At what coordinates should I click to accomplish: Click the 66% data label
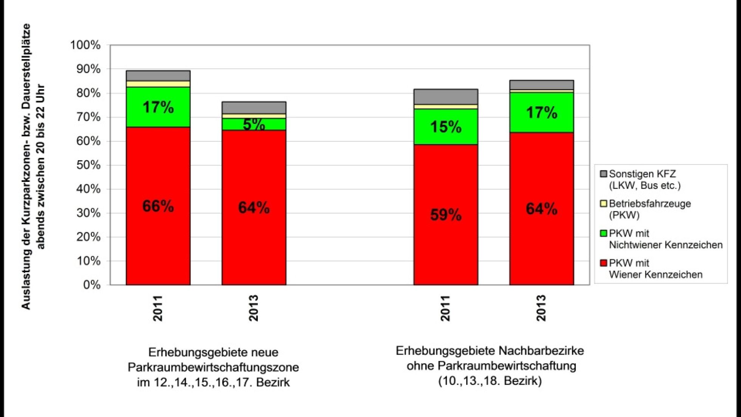pos(158,206)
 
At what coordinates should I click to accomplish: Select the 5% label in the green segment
pos(254,124)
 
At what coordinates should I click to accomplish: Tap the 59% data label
pos(446,215)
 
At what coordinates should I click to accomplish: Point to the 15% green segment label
pos(446,127)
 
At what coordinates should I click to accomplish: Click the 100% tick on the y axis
pos(85,45)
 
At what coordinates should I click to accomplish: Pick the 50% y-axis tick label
pos(88,165)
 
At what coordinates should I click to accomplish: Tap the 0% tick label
pos(92,285)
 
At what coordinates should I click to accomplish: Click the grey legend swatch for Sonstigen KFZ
pos(603,174)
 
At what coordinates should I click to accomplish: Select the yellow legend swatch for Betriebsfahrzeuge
pos(603,204)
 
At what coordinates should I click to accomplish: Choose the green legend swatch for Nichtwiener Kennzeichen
pos(603,233)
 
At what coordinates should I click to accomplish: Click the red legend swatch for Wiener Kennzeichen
pos(603,263)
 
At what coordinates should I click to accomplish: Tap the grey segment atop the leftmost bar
pos(158,76)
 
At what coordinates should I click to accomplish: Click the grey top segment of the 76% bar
pos(254,107)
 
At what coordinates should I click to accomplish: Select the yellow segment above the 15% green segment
pos(446,107)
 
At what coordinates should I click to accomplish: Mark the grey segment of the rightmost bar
pos(541,85)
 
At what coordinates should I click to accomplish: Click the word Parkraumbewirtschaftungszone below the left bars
pos(213,367)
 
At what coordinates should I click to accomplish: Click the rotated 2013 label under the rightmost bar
pos(541,308)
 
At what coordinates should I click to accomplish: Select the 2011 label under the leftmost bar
pos(158,308)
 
